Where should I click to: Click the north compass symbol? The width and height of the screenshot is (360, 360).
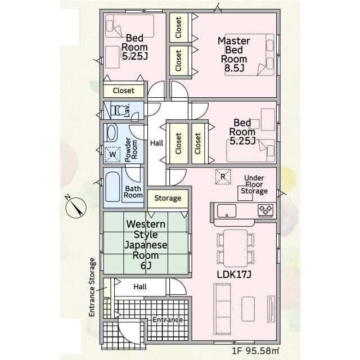[76, 208]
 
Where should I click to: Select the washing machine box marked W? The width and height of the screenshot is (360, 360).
[112, 154]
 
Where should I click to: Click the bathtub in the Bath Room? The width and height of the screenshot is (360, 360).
[112, 187]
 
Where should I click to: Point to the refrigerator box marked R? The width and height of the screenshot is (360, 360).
[223, 176]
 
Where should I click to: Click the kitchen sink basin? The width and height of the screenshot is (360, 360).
[227, 211]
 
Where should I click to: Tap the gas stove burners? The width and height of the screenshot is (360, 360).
[265, 210]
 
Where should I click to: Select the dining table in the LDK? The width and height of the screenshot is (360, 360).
[235, 248]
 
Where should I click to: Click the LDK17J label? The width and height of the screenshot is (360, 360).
[234, 274]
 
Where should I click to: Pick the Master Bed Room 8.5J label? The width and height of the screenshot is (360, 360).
[234, 54]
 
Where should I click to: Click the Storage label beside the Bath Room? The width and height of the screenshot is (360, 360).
[168, 198]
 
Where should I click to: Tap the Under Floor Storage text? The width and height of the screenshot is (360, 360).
[254, 184]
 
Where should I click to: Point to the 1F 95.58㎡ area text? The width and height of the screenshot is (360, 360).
[255, 350]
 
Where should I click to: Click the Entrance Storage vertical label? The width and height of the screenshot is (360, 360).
[92, 287]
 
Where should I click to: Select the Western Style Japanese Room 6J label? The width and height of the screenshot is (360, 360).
[146, 245]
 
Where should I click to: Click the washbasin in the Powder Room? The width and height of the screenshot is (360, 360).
[112, 132]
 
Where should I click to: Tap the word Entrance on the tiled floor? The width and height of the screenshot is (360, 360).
[168, 320]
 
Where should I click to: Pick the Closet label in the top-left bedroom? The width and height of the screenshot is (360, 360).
[124, 91]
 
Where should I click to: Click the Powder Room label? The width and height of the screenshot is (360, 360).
[130, 150]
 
